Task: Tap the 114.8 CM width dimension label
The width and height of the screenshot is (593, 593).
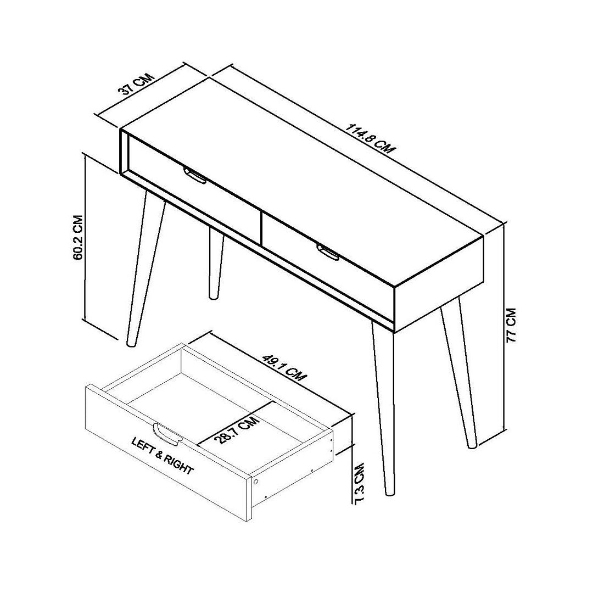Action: coord(370,138)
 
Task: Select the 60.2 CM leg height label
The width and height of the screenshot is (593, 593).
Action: coord(77,238)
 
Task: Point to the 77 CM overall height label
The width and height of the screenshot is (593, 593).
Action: coord(511,325)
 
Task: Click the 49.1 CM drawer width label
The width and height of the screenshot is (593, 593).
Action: coord(284,367)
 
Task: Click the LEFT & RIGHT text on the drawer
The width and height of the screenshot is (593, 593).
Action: coord(162,456)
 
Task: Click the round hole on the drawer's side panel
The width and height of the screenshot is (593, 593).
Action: coord(255,482)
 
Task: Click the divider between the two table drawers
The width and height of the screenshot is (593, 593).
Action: coord(261,228)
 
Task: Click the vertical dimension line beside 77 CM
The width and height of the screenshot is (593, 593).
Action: coord(505,327)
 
